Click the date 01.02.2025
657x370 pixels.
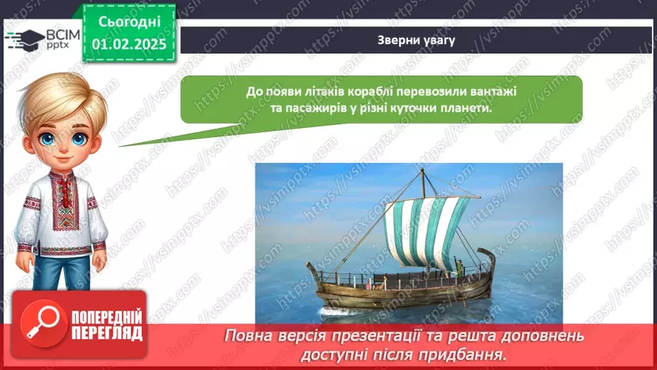point(129,44)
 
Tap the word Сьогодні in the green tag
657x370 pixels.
point(129,22)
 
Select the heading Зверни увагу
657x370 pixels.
point(416,40)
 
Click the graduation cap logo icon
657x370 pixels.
point(25,39)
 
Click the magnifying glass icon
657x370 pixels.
point(43,324)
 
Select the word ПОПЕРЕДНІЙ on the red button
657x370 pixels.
point(107,317)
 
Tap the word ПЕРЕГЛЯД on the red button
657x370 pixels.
point(107,333)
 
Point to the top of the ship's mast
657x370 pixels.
point(422,169)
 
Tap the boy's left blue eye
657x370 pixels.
point(48,138)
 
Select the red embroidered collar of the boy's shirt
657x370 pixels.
point(63,193)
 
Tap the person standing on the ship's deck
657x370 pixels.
point(459,269)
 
